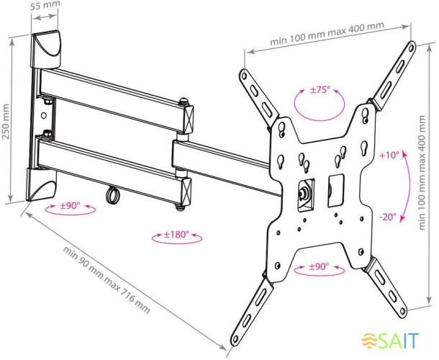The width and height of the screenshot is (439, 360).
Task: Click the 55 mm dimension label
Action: [x=45, y=5]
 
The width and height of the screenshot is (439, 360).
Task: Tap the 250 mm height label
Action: [x=6, y=121]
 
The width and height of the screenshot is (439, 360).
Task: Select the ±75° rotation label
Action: [x=320, y=90]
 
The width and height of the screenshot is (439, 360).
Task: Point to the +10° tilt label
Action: [x=389, y=156]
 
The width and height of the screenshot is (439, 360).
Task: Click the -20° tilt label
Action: [x=388, y=217]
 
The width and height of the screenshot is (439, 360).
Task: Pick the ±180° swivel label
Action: [x=176, y=234]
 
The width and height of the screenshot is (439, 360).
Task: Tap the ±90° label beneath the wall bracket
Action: [x=70, y=206]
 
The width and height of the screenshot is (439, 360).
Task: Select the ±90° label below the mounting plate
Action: [x=319, y=266]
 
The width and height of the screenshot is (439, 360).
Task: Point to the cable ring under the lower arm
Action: [x=112, y=194]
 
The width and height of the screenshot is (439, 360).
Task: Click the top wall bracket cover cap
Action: [x=45, y=50]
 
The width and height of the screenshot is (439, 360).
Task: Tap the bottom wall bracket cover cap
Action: [x=42, y=185]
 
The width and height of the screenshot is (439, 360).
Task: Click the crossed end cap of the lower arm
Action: [x=186, y=191]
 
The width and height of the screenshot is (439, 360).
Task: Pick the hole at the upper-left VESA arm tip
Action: [x=244, y=76]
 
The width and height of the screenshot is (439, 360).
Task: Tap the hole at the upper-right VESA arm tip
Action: [x=411, y=48]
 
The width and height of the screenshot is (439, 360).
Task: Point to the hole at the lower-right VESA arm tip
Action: [x=403, y=312]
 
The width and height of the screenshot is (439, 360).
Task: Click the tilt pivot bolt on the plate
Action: [x=304, y=193]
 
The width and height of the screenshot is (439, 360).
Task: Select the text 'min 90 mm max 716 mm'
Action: [x=107, y=279]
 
